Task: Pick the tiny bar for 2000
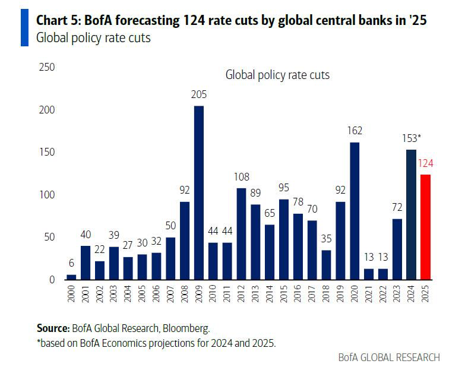point(71,277)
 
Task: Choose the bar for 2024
point(411,214)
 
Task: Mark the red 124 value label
point(425,164)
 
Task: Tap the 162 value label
point(355,131)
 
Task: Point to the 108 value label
point(241,177)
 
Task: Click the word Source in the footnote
point(52,327)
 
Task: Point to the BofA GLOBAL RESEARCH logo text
point(389,357)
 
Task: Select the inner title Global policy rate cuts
point(277,75)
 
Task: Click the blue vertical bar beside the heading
point(24,28)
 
